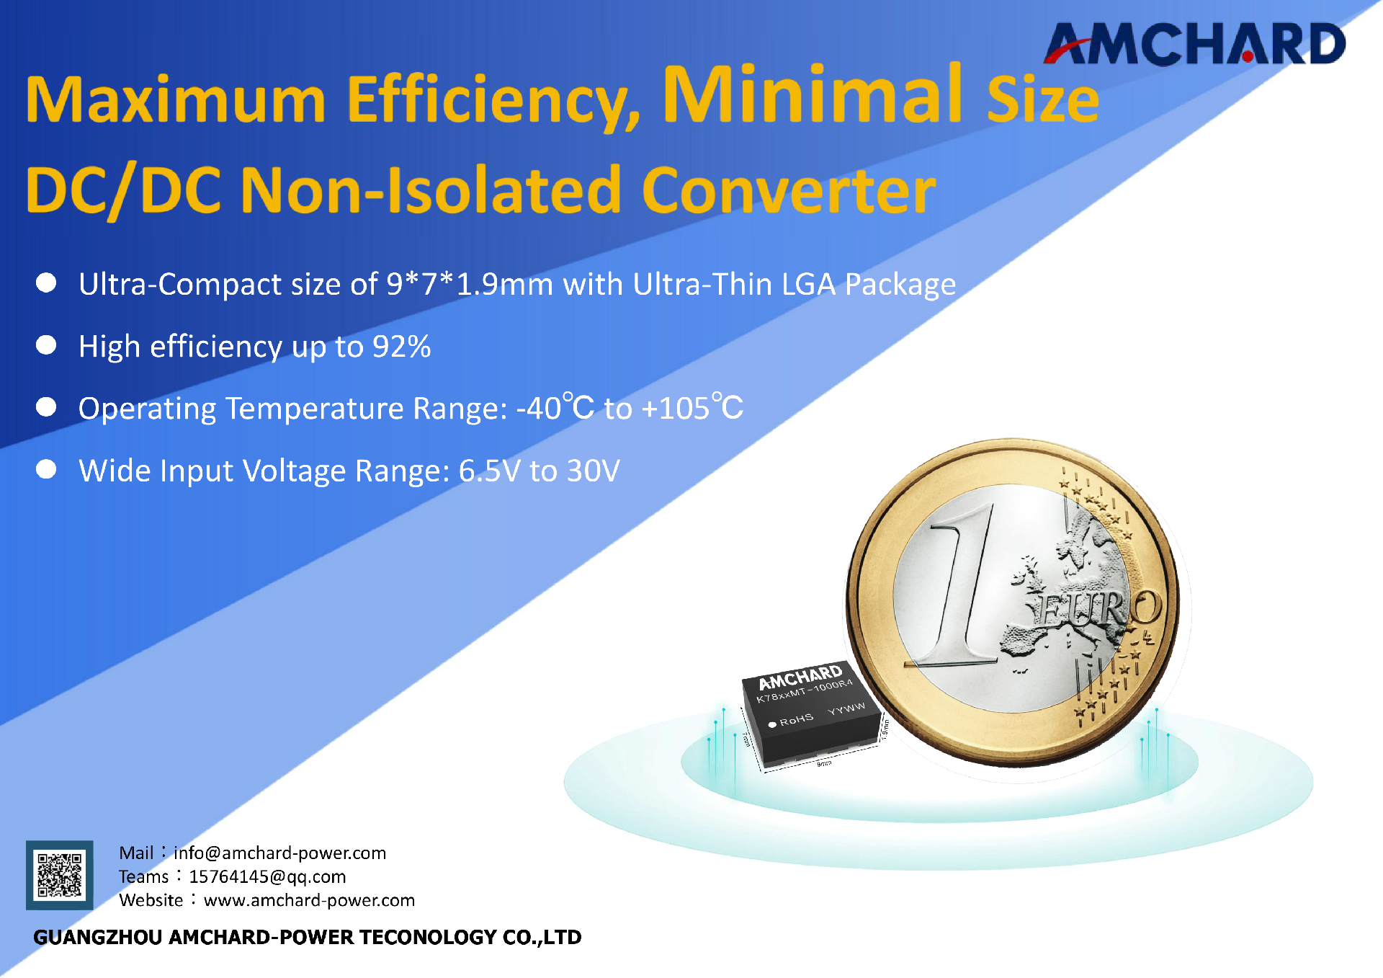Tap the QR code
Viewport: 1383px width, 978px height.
click(60, 874)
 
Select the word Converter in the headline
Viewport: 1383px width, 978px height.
click(788, 190)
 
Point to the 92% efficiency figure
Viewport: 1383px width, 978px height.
click(401, 347)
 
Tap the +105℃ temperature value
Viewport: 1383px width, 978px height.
click(691, 408)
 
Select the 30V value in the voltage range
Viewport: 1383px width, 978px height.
click(593, 471)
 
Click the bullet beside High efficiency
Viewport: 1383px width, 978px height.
click(46, 345)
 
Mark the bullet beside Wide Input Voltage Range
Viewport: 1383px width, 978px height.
click(46, 469)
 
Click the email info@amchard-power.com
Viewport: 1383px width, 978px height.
click(279, 853)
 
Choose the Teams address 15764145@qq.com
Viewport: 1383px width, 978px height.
click(267, 876)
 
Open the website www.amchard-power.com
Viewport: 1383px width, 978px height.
click(309, 900)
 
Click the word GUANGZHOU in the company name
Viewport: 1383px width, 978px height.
click(98, 937)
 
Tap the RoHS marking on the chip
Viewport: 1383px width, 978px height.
click(796, 719)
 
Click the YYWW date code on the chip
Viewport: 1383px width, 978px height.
click(846, 708)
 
